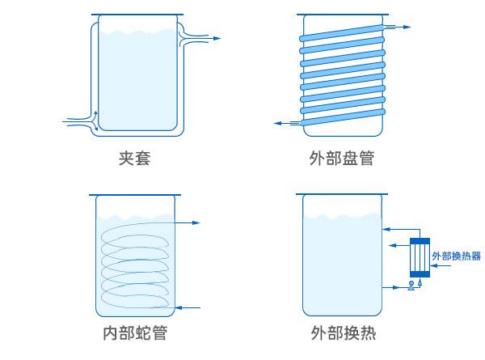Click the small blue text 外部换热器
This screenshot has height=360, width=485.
point(457,256)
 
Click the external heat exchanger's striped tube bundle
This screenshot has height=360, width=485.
point(420,260)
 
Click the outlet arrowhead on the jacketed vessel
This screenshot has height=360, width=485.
point(216,37)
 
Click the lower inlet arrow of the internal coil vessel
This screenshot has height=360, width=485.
point(181,307)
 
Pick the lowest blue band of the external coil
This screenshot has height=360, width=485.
point(340,116)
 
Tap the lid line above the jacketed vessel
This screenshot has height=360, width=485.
point(135,16)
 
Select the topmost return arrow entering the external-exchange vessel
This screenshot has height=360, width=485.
point(391,226)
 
